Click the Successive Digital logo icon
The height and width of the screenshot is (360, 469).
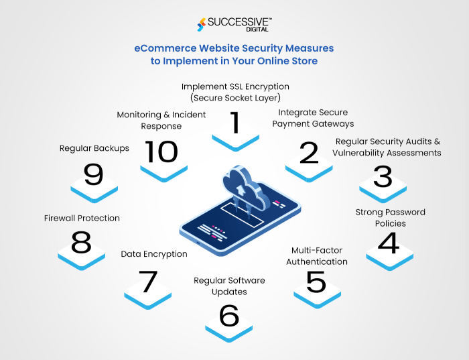[202, 23]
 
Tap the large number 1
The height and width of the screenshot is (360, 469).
[234, 123]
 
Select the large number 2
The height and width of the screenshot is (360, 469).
[309, 153]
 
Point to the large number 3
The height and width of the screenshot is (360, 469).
[383, 176]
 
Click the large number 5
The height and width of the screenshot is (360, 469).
[316, 282]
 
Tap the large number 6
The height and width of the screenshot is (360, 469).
[229, 315]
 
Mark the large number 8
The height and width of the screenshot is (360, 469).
[81, 243]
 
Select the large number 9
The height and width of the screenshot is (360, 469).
[94, 175]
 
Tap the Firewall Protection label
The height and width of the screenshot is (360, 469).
[82, 218]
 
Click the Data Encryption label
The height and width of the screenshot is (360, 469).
[154, 254]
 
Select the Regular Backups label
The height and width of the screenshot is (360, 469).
[94, 148]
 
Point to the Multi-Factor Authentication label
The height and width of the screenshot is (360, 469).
[317, 256]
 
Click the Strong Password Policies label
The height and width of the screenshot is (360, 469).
[390, 218]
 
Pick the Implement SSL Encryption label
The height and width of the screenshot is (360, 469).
[235, 93]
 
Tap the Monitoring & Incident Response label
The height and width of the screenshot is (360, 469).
[161, 120]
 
